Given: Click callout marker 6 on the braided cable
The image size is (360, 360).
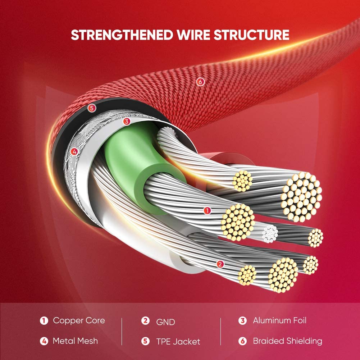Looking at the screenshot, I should (200, 82).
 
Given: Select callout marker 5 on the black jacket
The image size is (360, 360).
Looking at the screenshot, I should (92, 108).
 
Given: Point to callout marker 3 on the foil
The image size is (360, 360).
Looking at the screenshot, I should (126, 122).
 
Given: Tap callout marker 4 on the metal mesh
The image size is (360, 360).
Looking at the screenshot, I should (74, 152).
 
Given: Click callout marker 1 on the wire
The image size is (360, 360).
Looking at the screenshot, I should (207, 211).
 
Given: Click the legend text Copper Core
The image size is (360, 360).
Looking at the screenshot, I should (79, 320).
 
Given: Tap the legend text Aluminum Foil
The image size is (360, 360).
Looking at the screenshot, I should (279, 320).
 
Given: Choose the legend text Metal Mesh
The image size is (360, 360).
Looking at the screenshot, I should (75, 341).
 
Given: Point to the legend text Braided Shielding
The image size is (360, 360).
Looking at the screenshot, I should (287, 341).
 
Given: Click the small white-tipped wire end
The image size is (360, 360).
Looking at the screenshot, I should (270, 233).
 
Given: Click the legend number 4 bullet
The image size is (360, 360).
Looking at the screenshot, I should (44, 341).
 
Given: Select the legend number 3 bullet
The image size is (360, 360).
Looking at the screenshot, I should (243, 320).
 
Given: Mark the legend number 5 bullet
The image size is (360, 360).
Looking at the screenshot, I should (145, 341).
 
